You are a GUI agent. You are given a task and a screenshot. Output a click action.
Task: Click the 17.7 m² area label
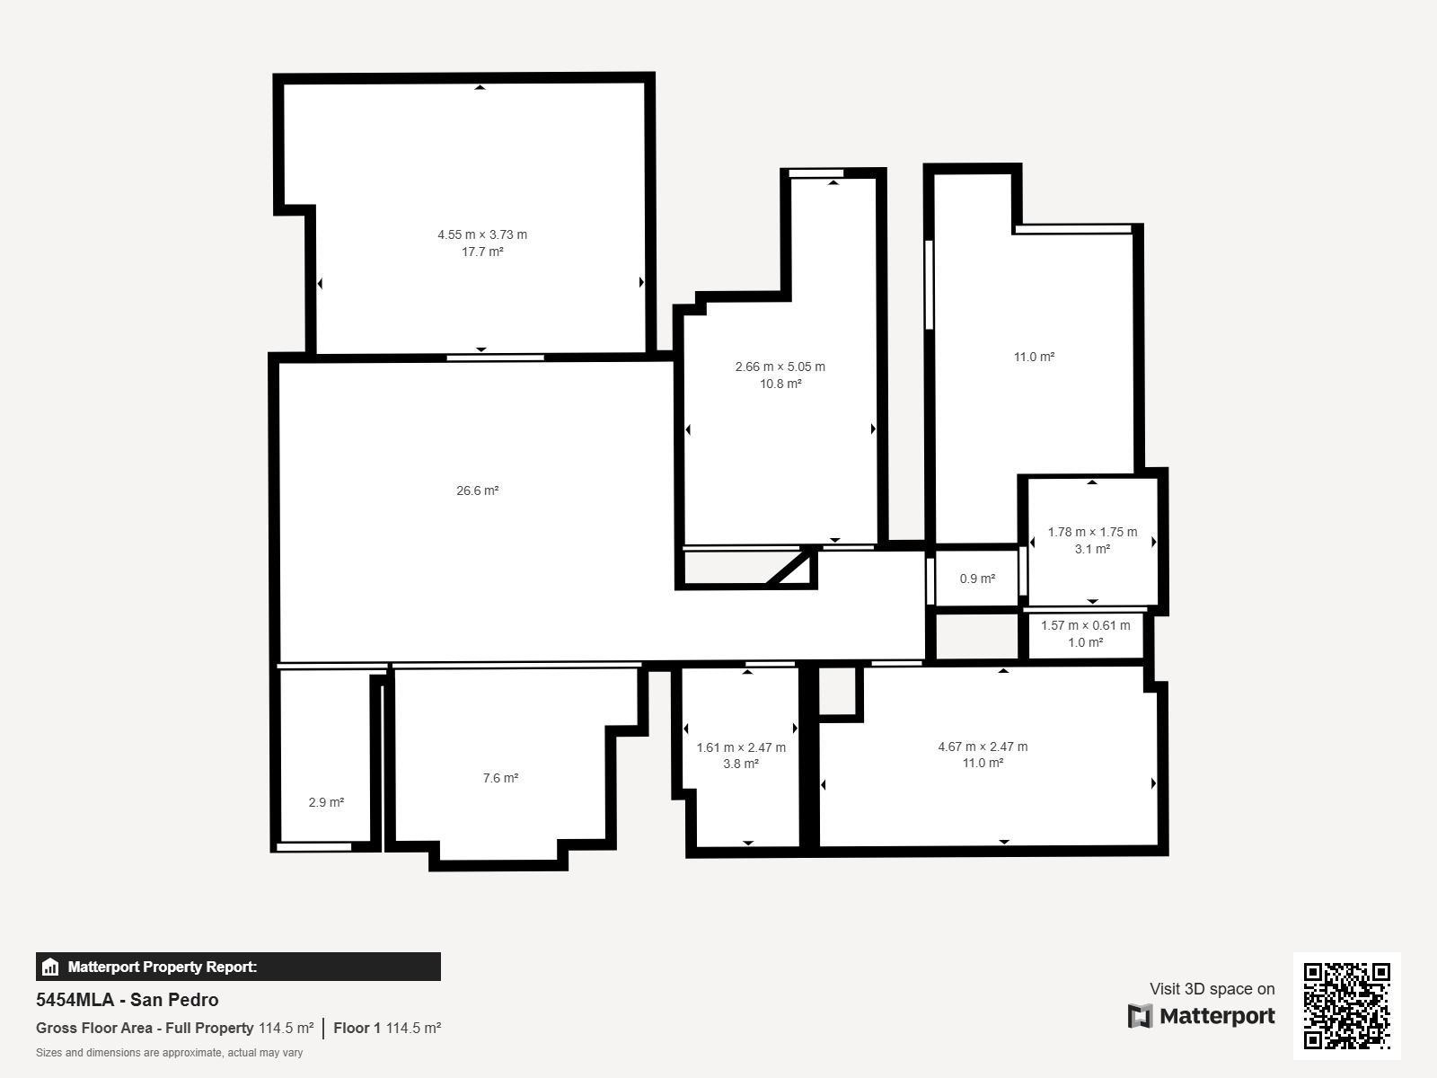(x=482, y=252)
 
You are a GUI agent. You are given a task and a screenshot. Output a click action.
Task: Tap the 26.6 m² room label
(x=477, y=490)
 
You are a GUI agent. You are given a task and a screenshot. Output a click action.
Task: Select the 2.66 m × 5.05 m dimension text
(x=780, y=367)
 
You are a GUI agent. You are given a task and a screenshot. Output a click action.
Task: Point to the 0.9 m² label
(x=977, y=579)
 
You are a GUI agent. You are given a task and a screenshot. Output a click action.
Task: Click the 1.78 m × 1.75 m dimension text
(x=1092, y=532)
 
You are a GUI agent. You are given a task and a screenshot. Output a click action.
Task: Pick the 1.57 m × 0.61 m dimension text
(x=1086, y=626)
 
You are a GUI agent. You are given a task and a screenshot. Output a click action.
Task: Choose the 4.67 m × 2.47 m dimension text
(x=983, y=747)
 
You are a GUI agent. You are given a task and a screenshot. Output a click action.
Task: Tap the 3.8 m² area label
(x=741, y=764)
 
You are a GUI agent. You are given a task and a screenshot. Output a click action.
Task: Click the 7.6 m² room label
(x=501, y=778)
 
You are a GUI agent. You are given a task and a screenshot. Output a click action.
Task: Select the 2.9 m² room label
(x=326, y=802)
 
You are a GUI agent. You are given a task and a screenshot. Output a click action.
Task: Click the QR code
(x=1346, y=1006)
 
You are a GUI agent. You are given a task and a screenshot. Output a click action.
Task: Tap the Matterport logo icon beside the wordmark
(x=1140, y=1016)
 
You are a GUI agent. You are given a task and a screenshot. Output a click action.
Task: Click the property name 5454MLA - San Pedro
(x=127, y=1000)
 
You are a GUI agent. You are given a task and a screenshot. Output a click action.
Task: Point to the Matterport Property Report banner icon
(x=49, y=967)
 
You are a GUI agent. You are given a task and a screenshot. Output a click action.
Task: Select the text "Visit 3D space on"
(x=1212, y=989)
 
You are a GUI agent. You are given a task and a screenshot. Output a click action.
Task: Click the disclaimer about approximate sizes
(x=169, y=1053)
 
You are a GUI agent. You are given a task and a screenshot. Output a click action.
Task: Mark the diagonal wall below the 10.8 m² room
(x=790, y=568)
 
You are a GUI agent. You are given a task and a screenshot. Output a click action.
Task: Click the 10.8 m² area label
(x=780, y=384)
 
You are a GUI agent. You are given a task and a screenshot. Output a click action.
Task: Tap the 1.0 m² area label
(x=1086, y=642)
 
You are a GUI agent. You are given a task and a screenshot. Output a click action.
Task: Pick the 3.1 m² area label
(x=1092, y=549)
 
